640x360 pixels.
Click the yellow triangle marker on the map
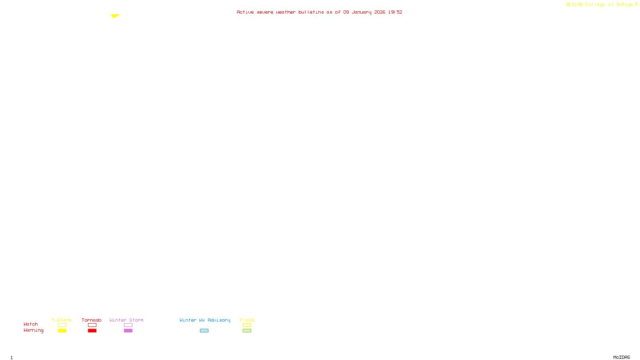click(x=115, y=16)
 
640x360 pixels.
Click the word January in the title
click(x=362, y=12)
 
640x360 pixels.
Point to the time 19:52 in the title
click(x=395, y=12)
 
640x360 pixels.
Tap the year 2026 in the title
click(x=380, y=12)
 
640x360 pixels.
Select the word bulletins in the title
click(x=311, y=12)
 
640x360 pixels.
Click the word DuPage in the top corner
click(x=624, y=4)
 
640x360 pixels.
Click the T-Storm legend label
click(x=62, y=320)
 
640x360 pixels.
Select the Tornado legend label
click(x=92, y=320)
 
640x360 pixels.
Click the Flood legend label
click(x=247, y=320)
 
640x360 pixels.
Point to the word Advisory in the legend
click(x=219, y=320)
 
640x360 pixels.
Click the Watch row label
click(x=31, y=324)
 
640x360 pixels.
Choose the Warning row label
click(x=34, y=330)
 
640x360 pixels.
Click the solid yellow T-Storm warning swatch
click(x=62, y=331)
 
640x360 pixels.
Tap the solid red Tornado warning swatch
click(x=92, y=331)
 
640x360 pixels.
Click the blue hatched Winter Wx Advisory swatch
click(x=204, y=331)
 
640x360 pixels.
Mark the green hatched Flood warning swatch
click(x=247, y=331)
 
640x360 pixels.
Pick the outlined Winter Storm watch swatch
click(x=128, y=325)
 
